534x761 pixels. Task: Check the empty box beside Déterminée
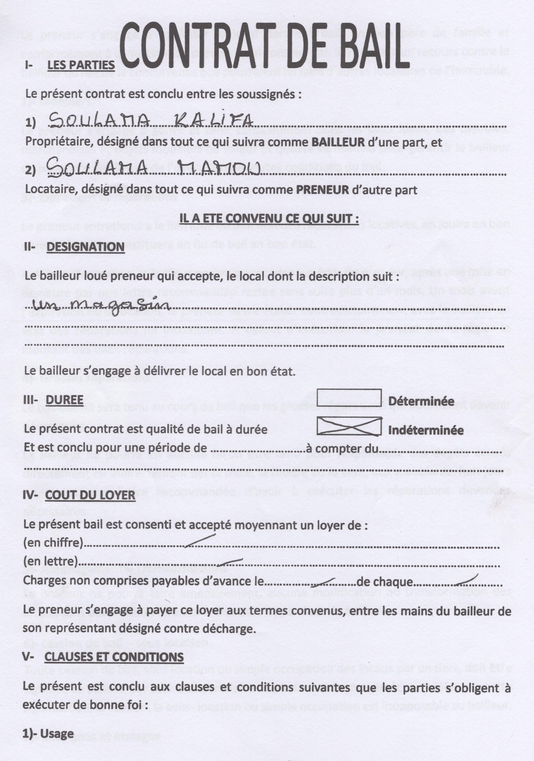349,397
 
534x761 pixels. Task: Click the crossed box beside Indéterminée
349,426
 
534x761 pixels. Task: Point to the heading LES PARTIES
81,65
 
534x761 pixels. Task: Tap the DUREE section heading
64,400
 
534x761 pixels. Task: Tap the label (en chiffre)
53,542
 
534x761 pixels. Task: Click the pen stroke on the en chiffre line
200,539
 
